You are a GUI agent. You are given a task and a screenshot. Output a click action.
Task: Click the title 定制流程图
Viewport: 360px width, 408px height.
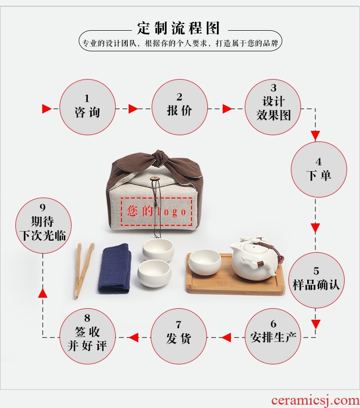[179, 28]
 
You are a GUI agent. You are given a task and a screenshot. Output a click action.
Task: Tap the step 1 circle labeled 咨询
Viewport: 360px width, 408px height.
[87, 107]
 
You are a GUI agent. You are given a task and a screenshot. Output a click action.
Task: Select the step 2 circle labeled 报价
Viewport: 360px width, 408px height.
[180, 107]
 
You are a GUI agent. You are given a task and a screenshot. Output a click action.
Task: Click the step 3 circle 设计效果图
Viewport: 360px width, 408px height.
[273, 107]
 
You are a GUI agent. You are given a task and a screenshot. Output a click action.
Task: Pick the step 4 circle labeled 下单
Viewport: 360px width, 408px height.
[319, 170]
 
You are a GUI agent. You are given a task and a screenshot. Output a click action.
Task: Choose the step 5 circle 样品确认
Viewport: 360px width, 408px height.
[316, 280]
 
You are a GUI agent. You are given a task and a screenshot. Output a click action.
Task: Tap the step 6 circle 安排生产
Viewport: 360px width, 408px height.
[273, 337]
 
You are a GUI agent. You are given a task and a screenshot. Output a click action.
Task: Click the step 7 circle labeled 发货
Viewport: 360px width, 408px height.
[179, 337]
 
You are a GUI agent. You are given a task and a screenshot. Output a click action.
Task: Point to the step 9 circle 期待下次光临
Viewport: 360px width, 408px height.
[43, 226]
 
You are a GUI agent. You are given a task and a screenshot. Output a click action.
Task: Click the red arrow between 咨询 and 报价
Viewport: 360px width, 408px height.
[133, 109]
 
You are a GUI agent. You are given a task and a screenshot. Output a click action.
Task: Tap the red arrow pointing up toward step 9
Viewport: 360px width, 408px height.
[43, 293]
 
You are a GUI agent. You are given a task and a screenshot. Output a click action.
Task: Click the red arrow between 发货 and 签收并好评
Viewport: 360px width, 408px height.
[133, 338]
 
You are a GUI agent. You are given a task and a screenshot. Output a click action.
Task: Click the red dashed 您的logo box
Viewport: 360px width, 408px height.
[156, 211]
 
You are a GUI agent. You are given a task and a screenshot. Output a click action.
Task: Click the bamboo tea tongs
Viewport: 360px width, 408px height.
[84, 270]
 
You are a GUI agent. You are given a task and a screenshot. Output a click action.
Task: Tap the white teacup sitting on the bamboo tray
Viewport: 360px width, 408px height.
[205, 262]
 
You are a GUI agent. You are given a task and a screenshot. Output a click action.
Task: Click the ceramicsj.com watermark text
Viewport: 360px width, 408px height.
[315, 400]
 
